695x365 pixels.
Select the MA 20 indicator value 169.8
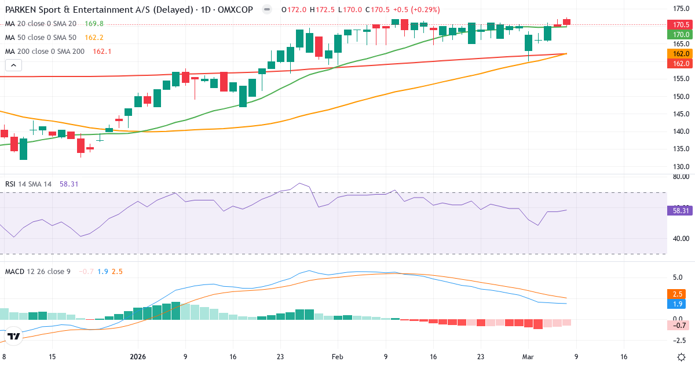coord(94,23)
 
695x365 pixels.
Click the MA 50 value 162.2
coord(94,37)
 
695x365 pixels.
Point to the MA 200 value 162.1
coord(102,51)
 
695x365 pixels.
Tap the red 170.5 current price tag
coord(681,24)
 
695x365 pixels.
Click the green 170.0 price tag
coord(681,35)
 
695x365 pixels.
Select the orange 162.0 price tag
coord(681,53)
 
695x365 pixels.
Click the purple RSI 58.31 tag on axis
coord(681,211)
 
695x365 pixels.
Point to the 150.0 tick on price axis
coord(681,96)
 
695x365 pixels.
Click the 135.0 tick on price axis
coord(681,149)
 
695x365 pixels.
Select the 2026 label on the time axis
coord(138,357)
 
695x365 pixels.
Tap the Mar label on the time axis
coord(528,357)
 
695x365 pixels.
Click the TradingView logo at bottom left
coord(14,336)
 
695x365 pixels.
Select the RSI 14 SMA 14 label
coord(28,184)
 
